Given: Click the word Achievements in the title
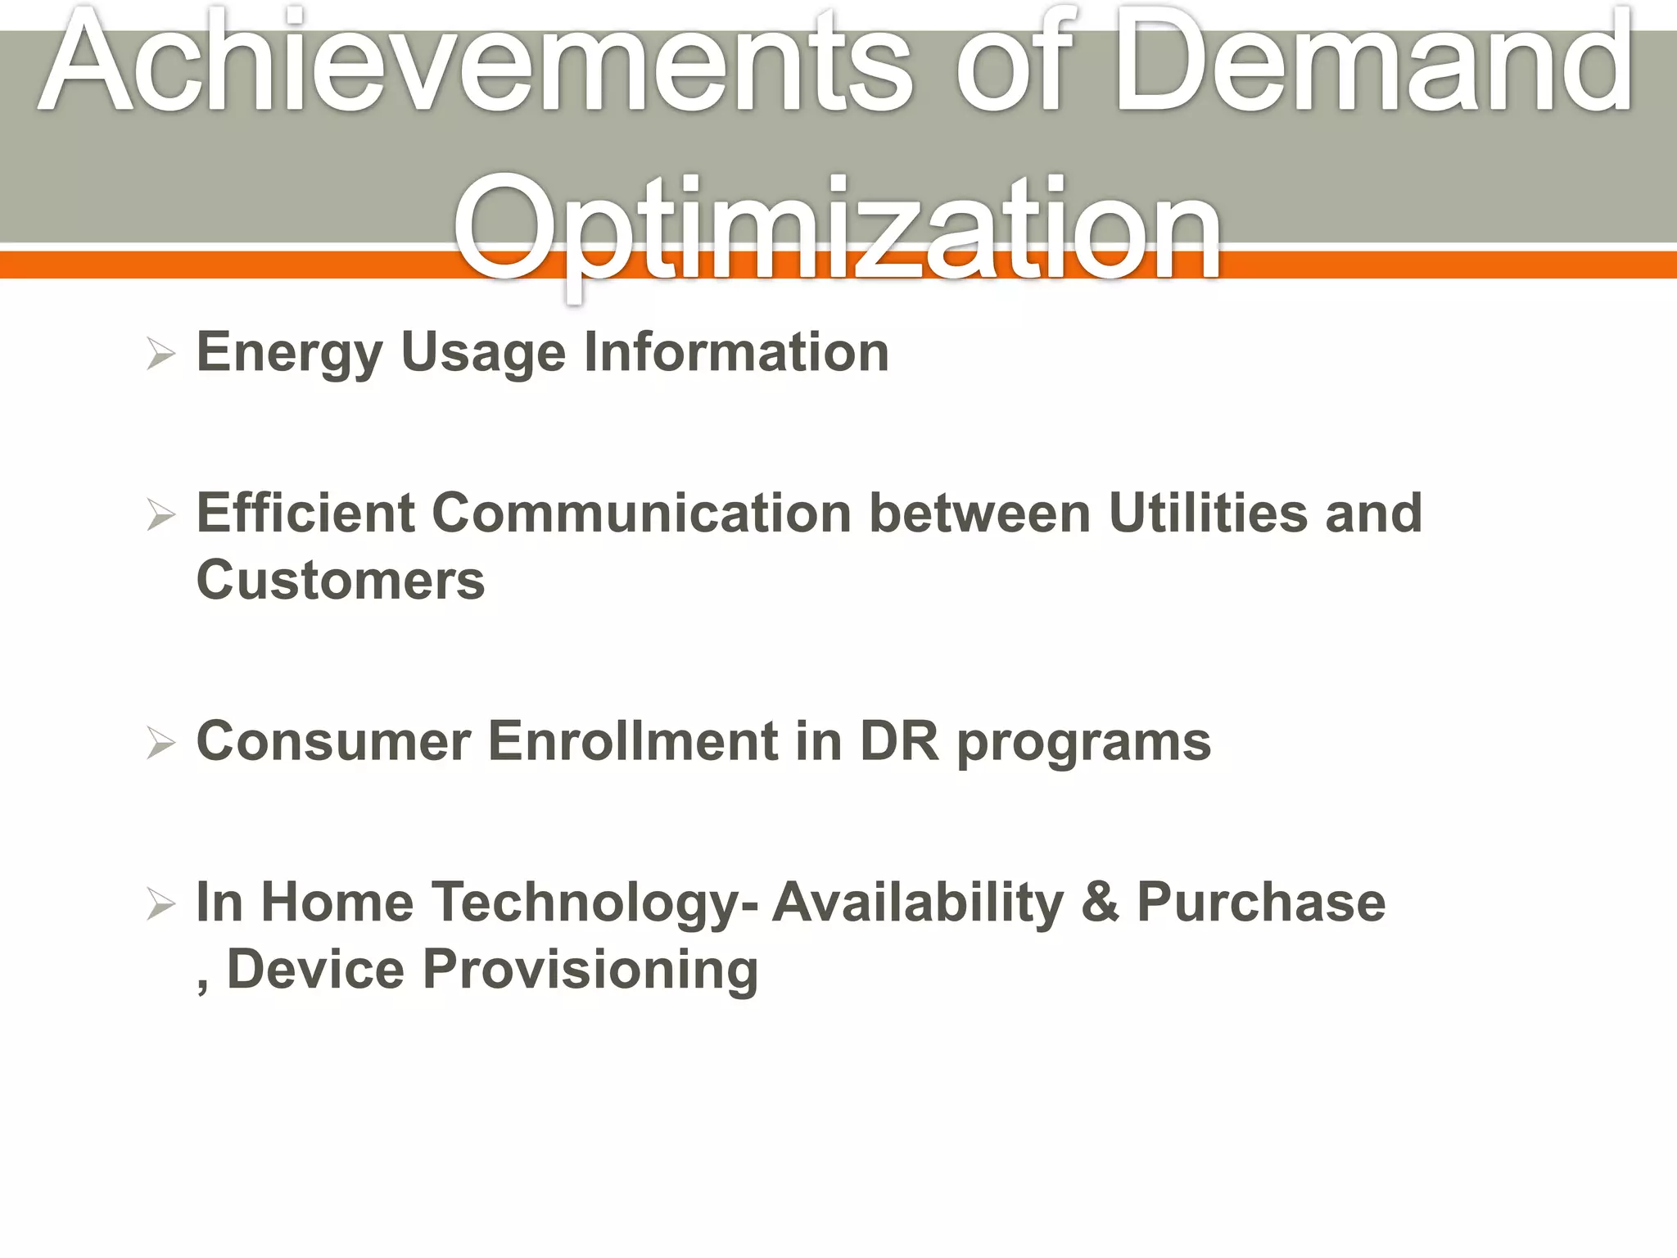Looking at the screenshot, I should pyautogui.click(x=475, y=61).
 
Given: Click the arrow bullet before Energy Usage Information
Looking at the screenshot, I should pyautogui.click(x=161, y=355).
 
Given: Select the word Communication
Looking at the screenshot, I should pyautogui.click(x=641, y=514).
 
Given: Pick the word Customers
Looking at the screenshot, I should pyautogui.click(x=341, y=581).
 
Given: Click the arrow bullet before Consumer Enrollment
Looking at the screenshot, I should pyautogui.click(x=161, y=744).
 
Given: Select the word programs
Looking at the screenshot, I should pyautogui.click(x=1083, y=744).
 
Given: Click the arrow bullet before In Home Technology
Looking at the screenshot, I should pyautogui.click(x=161, y=905).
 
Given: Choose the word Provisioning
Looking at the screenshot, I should pyautogui.click(x=590, y=971).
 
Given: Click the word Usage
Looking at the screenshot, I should pyautogui.click(x=483, y=354).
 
